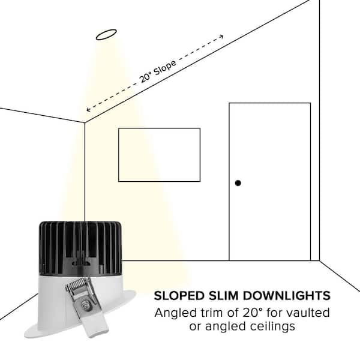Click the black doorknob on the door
[238, 183]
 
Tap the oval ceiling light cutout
[106, 34]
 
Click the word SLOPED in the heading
[179, 295]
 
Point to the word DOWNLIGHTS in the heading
[287, 295]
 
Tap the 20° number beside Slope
[145, 77]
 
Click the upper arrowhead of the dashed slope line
[221, 37]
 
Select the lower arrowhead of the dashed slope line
[88, 109]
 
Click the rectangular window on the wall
[159, 155]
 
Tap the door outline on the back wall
[270, 182]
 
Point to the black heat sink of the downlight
[80, 248]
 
